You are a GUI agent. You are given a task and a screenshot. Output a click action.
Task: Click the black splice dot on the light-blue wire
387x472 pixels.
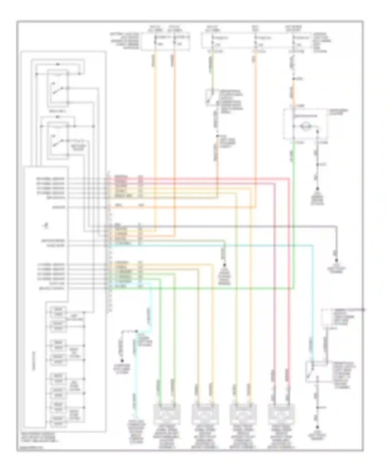click(x=136, y=331)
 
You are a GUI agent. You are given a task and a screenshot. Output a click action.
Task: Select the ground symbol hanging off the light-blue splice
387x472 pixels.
click(x=122, y=361)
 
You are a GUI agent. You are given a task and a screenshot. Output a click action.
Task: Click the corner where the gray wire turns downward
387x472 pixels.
click(x=336, y=227)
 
